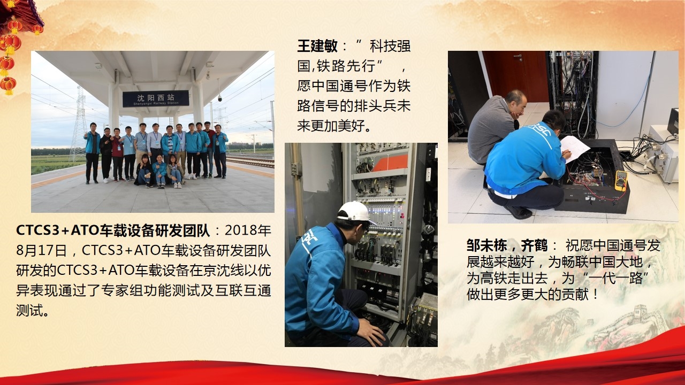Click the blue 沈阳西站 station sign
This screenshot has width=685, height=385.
point(156,98)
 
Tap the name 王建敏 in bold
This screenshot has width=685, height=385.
point(317,47)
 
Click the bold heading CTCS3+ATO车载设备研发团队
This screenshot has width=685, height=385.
point(113,230)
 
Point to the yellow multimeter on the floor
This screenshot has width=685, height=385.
point(621,180)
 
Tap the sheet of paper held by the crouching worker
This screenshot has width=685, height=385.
point(575,149)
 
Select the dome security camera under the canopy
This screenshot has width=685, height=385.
point(219,98)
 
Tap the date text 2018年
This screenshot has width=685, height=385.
point(248,230)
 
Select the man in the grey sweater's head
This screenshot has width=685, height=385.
point(516,102)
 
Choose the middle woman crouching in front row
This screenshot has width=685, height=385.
point(160,171)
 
